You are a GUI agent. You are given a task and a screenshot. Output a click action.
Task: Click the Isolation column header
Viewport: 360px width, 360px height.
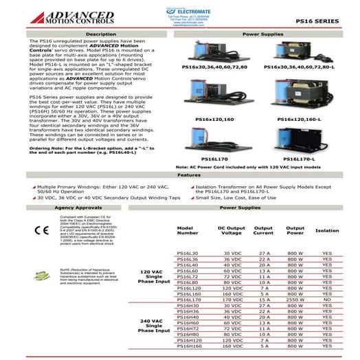(x=327, y=230)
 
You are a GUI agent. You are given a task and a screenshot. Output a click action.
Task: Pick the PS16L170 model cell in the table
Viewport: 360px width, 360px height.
(x=188, y=300)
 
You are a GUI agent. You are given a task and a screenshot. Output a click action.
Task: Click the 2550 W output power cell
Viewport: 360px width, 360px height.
(x=295, y=300)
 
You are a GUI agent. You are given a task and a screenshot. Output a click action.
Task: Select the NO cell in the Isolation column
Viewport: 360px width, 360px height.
(x=327, y=300)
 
